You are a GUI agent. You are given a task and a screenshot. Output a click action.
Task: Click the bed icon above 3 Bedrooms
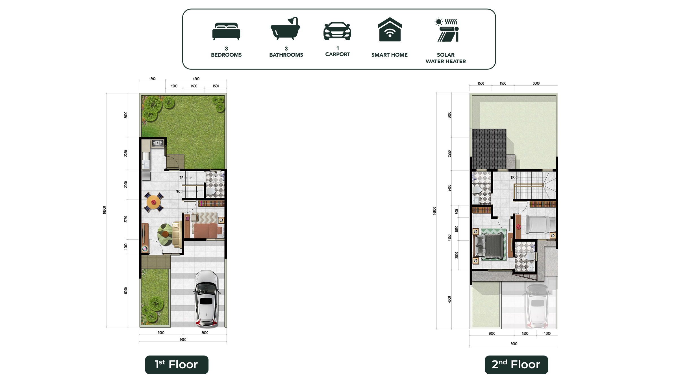[226, 31]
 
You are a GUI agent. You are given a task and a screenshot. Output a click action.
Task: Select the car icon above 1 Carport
[337, 31]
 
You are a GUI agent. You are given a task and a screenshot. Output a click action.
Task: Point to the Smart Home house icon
[390, 29]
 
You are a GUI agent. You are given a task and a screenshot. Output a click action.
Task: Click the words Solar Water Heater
[446, 58]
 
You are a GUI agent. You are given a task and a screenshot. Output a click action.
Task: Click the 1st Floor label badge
[177, 365]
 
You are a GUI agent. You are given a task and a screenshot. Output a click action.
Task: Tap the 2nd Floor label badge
[516, 365]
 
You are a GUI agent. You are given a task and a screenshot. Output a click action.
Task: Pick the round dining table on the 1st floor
[154, 202]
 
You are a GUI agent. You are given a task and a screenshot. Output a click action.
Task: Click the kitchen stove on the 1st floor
[158, 143]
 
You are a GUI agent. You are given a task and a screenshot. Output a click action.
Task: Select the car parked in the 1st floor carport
[206, 298]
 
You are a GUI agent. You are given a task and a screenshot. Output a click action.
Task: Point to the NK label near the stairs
[177, 191]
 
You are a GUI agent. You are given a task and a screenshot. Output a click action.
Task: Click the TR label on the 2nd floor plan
[512, 178]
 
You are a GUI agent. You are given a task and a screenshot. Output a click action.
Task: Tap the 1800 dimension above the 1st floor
[152, 79]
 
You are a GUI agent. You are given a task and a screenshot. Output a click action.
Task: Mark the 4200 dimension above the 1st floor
[196, 79]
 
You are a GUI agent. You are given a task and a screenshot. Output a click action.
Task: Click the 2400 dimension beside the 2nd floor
[449, 188]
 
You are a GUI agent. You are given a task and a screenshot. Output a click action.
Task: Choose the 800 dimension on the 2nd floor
[457, 211]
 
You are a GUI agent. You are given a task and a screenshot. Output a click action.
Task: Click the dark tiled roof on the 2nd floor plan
[489, 149]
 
